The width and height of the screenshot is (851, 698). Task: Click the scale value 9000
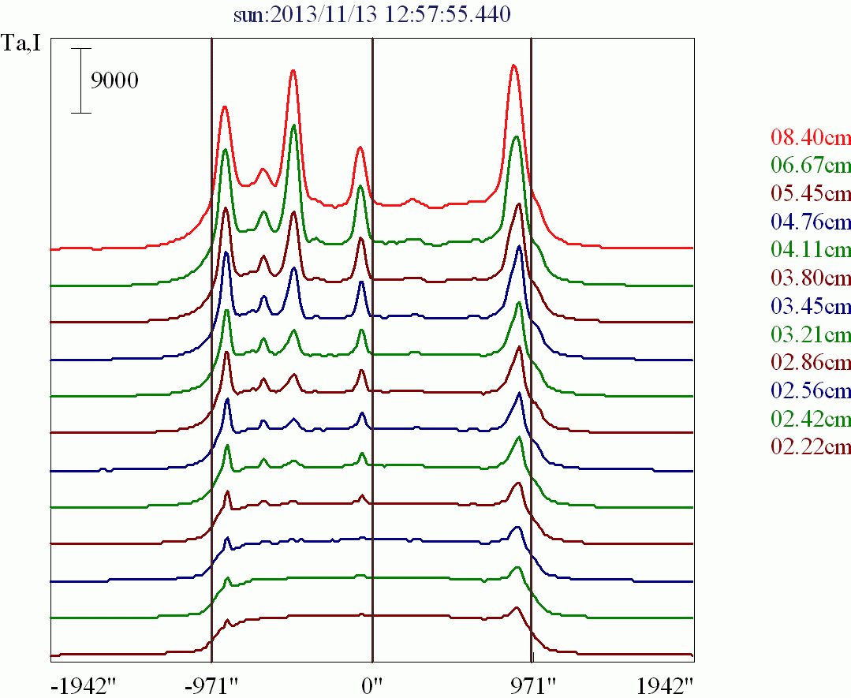114,80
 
